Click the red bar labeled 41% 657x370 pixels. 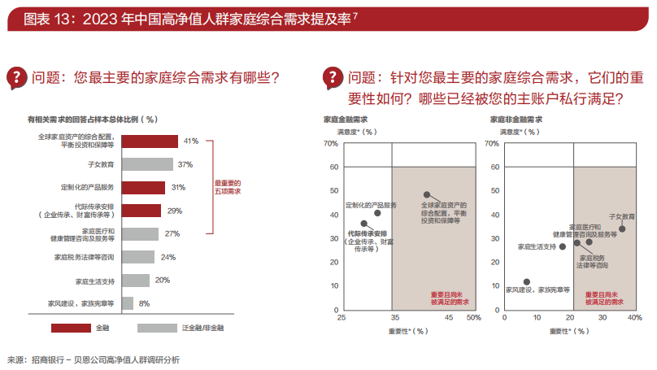pyautogui.click(x=151, y=141)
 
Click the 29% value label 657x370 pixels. pyautogui.click(x=174, y=211)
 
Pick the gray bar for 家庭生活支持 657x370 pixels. pyautogui.click(x=137, y=281)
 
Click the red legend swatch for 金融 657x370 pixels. pyautogui.click(x=70, y=328)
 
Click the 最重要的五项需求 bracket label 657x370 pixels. pyautogui.click(x=228, y=188)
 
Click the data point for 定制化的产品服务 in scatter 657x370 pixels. pyautogui.click(x=377, y=213)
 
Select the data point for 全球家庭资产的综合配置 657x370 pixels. pyautogui.click(x=426, y=195)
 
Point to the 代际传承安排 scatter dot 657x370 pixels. pyautogui.click(x=363, y=223)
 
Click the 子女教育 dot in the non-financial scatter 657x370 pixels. pyautogui.click(x=622, y=229)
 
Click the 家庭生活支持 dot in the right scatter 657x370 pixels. pyautogui.click(x=562, y=246)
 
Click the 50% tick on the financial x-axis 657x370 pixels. pyautogui.click(x=473, y=318)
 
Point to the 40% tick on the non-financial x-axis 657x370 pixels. pyautogui.click(x=635, y=318)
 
